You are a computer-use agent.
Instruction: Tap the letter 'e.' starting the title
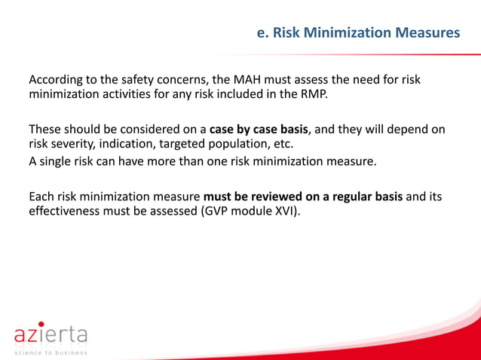pyautogui.click(x=263, y=33)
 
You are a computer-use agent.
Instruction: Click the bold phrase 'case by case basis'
pyautogui.click(x=259, y=129)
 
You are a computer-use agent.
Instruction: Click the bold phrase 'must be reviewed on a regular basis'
pyautogui.click(x=303, y=197)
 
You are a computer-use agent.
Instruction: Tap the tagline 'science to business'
pyautogui.click(x=50, y=352)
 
